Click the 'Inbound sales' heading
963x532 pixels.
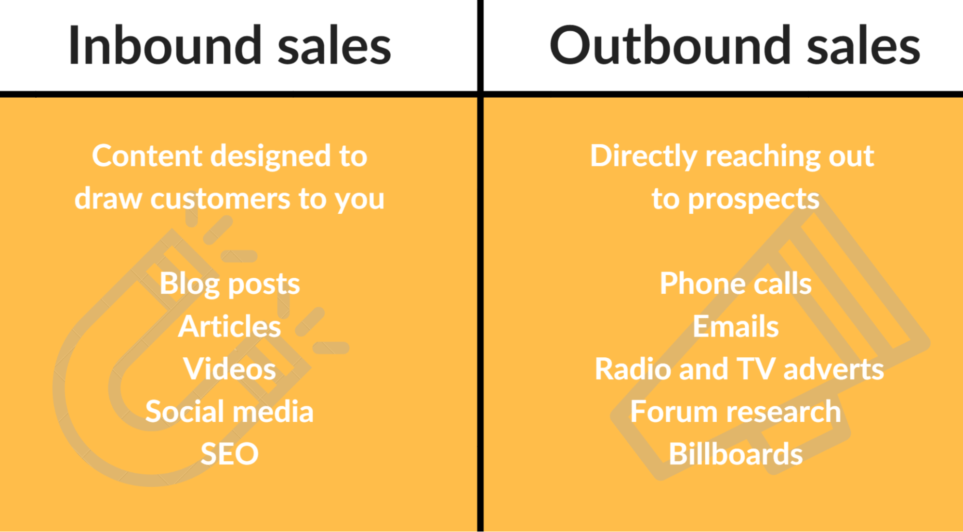(229, 45)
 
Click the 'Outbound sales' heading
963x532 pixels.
(735, 45)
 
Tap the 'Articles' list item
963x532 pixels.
(229, 326)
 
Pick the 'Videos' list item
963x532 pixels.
(229, 369)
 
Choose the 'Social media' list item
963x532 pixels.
(229, 412)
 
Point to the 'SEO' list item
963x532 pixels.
(229, 454)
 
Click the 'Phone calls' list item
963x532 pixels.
(736, 283)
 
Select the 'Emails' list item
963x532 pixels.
(736, 326)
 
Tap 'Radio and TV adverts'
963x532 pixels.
(739, 369)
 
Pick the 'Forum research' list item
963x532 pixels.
(736, 412)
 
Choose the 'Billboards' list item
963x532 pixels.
(736, 454)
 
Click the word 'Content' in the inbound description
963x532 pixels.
(147, 156)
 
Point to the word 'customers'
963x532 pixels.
(220, 199)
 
